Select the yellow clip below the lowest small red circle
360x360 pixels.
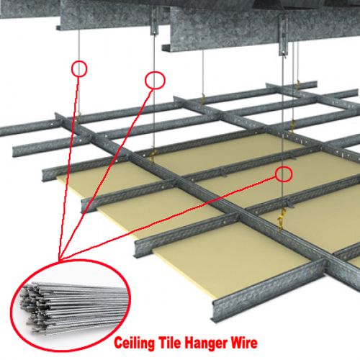tap(282, 218)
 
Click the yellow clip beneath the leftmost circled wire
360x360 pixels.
tap(79, 117)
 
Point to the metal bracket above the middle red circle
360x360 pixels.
tap(155, 20)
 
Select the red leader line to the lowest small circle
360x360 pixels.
tap(168, 218)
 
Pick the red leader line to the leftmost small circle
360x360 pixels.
tap(69, 168)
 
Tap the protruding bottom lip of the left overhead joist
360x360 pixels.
tap(58, 27)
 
